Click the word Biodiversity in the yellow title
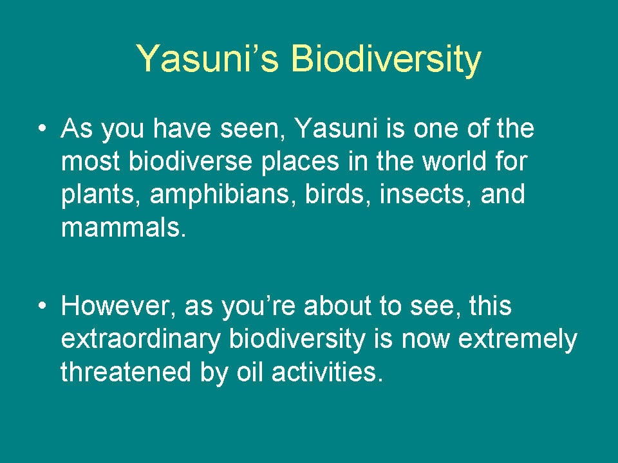(386, 59)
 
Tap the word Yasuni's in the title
(207, 59)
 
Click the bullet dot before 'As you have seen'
(42, 128)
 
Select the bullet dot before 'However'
(42, 305)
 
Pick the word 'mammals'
(124, 227)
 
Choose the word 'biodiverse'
(191, 161)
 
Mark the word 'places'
(300, 161)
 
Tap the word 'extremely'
(518, 340)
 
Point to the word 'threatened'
(126, 372)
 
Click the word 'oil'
(250, 372)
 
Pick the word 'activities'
(327, 372)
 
